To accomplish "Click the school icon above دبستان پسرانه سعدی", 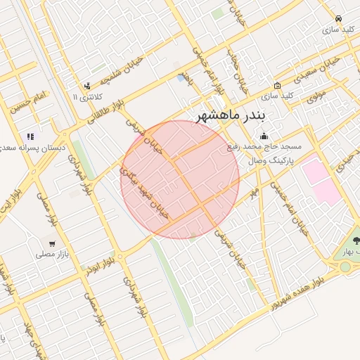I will (x=30, y=136).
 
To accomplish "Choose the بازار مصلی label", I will (x=51, y=255).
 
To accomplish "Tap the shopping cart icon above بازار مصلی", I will (x=51, y=243).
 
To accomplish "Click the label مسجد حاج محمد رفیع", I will (x=264, y=148).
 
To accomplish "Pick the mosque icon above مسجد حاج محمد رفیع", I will (x=264, y=136).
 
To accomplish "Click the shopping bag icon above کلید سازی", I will (x=278, y=86).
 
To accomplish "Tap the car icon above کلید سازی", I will (x=339, y=19).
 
